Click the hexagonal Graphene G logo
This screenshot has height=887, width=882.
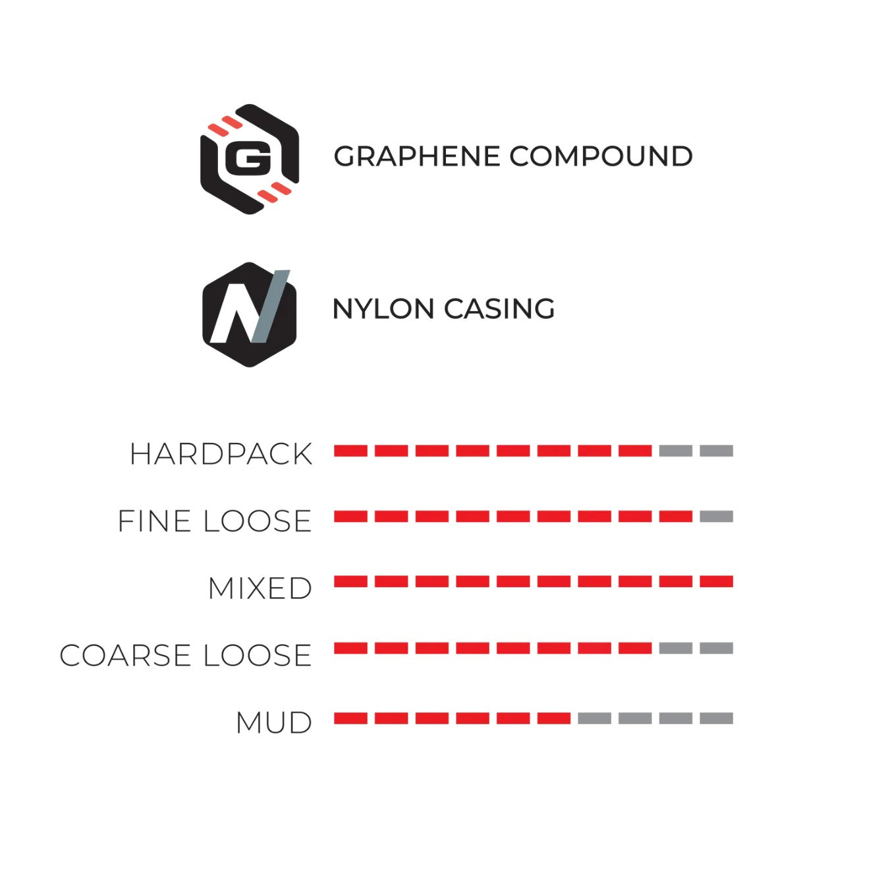tap(250, 159)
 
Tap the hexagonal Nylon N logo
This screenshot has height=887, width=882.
tap(250, 314)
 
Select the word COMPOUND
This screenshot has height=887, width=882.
tap(601, 156)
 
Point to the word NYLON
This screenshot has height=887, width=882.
tap(383, 308)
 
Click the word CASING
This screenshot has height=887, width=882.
tap(499, 308)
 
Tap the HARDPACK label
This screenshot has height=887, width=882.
tap(221, 454)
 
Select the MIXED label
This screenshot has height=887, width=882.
tap(260, 588)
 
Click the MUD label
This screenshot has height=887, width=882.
tap(274, 723)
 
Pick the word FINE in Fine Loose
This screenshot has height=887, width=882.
tap(155, 521)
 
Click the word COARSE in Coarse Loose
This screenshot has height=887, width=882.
tap(125, 655)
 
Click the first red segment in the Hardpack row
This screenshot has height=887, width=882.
tap(350, 451)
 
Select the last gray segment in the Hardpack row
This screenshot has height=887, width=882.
tap(717, 451)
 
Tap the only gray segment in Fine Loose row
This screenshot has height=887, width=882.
tap(717, 517)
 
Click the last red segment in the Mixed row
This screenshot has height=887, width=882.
tap(717, 581)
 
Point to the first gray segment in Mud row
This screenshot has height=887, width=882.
tap(594, 718)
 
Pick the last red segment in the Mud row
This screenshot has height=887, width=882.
tap(554, 718)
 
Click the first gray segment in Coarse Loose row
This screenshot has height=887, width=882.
tap(676, 648)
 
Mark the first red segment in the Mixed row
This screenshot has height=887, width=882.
tap(350, 581)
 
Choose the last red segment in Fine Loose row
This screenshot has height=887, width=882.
tap(676, 517)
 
